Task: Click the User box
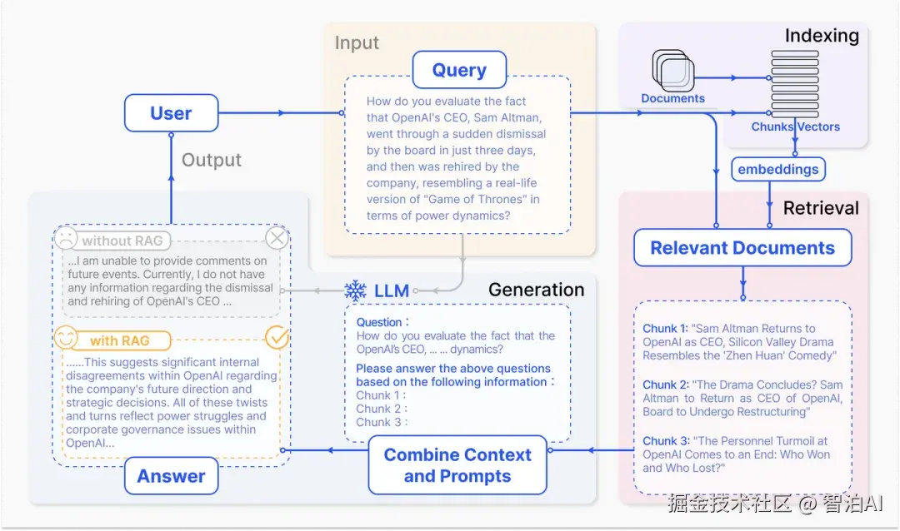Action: pyautogui.click(x=171, y=113)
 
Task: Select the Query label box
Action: pyautogui.click(x=459, y=70)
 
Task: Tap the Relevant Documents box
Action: pyautogui.click(x=742, y=248)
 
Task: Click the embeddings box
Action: pyautogui.click(x=778, y=170)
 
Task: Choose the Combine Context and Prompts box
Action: pyautogui.click(x=457, y=466)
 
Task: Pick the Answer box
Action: pyautogui.click(x=171, y=476)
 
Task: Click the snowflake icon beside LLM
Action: pyautogui.click(x=356, y=290)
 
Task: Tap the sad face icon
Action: pyautogui.click(x=65, y=239)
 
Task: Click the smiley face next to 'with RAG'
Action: pyautogui.click(x=65, y=338)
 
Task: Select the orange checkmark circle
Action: pyautogui.click(x=277, y=338)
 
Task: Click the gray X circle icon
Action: pyautogui.click(x=277, y=240)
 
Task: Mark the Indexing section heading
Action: pyautogui.click(x=822, y=36)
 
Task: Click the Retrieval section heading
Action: pyautogui.click(x=821, y=208)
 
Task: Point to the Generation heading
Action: pyautogui.click(x=536, y=290)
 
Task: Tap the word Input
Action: pyautogui.click(x=357, y=43)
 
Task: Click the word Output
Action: pyautogui.click(x=212, y=160)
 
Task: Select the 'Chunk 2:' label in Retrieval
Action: pyautogui.click(x=660, y=385)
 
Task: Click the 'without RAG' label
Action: pyautogui.click(x=122, y=241)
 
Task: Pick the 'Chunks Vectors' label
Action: pyautogui.click(x=795, y=127)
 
